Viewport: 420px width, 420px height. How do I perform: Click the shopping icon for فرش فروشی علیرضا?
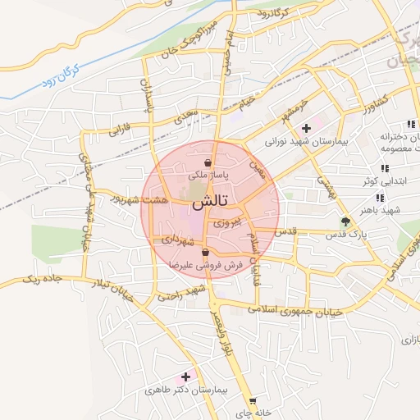click(205, 253)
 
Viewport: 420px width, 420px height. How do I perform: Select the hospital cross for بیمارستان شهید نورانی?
click(306, 128)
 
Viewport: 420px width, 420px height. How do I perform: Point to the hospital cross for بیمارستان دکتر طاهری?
click(186, 377)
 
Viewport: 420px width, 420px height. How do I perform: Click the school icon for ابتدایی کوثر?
click(385, 168)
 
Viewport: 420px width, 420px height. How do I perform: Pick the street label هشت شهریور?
click(143, 199)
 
